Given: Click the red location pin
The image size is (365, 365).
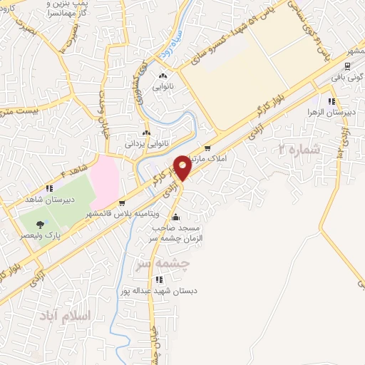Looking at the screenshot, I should pos(182,167).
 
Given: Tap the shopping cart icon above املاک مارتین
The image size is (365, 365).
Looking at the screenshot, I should pos(207,149).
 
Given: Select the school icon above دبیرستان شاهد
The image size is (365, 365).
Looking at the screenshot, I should pos(48,189).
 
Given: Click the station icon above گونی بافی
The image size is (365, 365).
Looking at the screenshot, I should pos(351,63).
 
